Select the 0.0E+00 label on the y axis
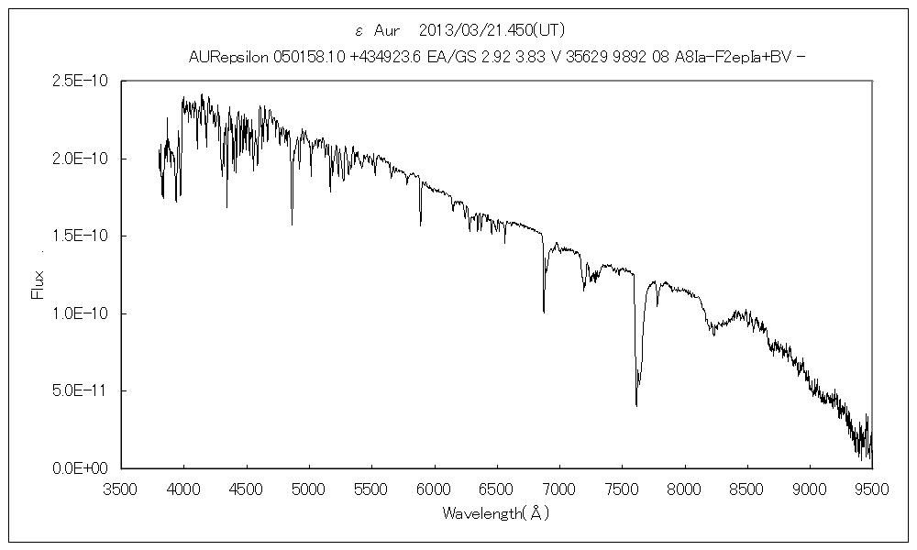pyautogui.click(x=81, y=468)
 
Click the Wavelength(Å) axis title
pyautogui.click(x=495, y=513)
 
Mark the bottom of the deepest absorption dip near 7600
pyautogui.click(x=636, y=405)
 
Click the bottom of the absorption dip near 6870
pyautogui.click(x=544, y=313)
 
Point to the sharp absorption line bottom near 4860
pyautogui.click(x=292, y=225)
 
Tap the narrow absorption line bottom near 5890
pyautogui.click(x=421, y=225)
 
